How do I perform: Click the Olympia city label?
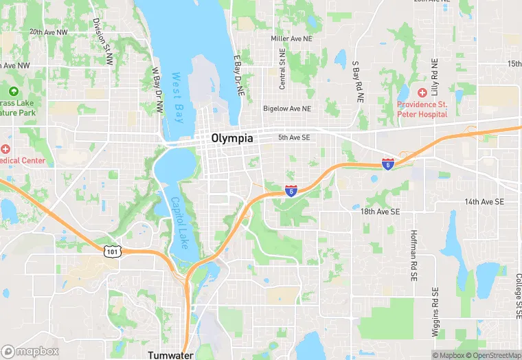232,138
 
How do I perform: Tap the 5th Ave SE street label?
295,138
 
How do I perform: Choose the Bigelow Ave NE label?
287,109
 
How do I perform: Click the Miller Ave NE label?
291,38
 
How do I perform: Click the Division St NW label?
102,41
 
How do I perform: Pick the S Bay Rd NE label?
357,82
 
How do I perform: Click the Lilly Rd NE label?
434,77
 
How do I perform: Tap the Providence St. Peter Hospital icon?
422,91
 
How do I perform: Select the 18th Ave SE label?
380,212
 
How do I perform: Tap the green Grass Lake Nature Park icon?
13,91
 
